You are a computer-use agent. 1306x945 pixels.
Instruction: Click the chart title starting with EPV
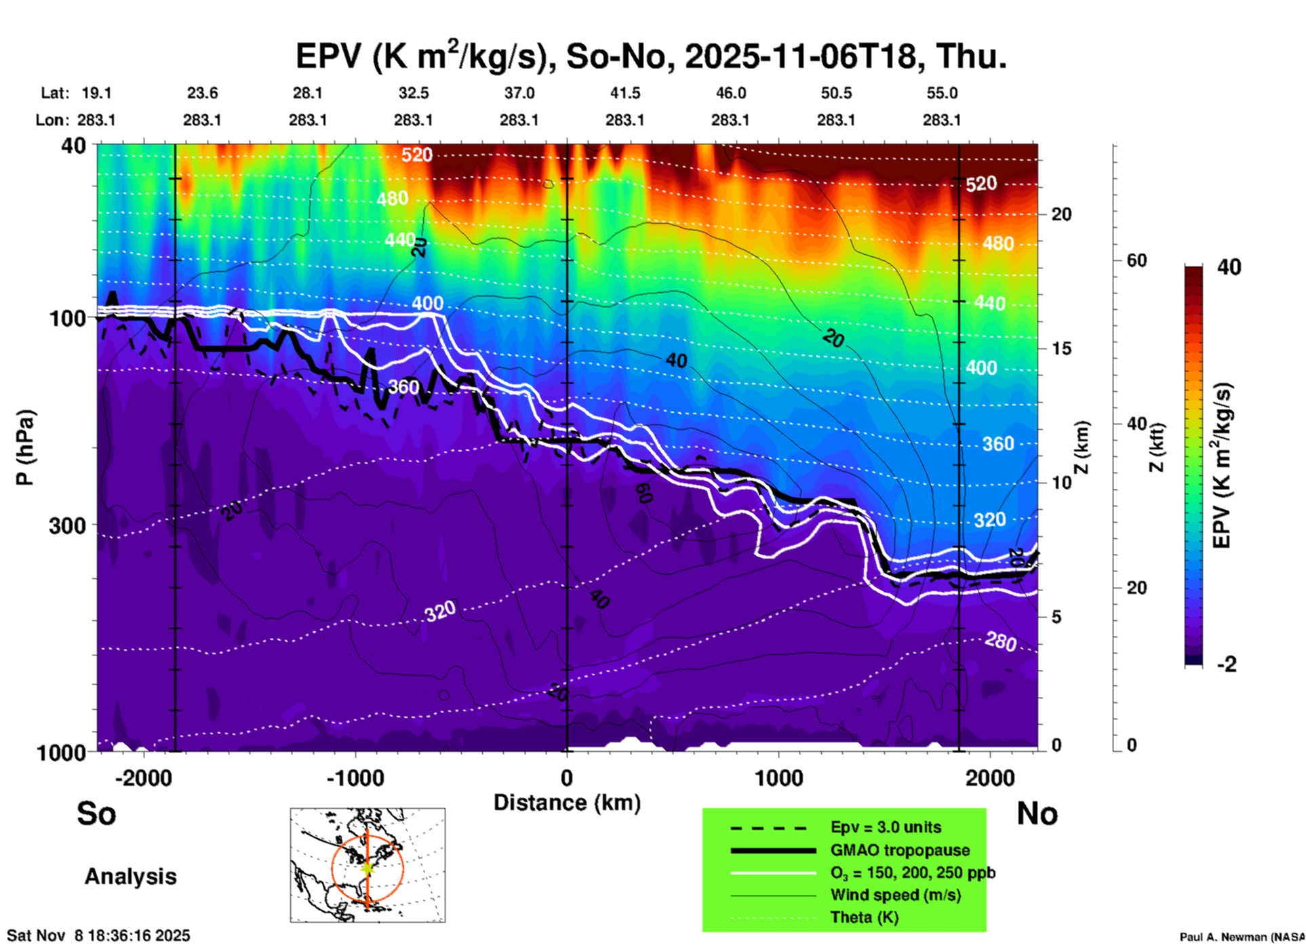click(651, 56)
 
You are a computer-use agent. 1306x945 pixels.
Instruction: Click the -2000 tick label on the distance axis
click(144, 778)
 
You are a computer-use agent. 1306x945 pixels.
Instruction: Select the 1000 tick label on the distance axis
click(778, 778)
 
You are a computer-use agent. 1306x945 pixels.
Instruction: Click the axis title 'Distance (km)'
click(567, 803)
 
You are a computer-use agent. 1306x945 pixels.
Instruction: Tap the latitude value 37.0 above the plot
click(519, 93)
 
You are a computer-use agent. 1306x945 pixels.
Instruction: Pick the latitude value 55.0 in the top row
click(942, 93)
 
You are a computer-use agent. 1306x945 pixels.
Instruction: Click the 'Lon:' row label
click(52, 120)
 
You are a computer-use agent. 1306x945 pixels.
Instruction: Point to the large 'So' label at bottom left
click(96, 813)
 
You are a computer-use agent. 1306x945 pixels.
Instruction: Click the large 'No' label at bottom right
click(1037, 813)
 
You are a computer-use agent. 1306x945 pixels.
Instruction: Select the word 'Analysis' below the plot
click(130, 877)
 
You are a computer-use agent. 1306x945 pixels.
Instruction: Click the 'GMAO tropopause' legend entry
click(900, 850)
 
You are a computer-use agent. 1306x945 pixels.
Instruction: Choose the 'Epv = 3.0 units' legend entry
click(886, 828)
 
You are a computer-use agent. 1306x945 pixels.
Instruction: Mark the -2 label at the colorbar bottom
click(1227, 664)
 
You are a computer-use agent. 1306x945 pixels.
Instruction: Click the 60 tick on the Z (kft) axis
click(1136, 260)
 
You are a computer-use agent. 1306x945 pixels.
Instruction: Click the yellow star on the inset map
click(368, 867)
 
